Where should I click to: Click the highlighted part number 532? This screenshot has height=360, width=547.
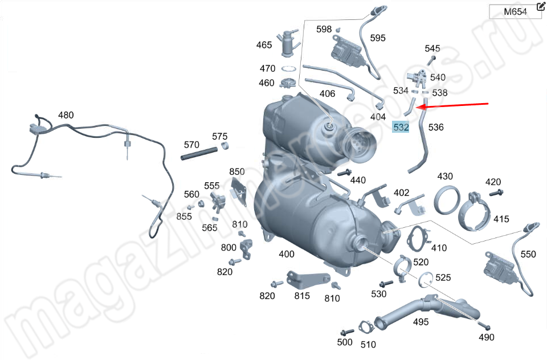[x=401, y=127]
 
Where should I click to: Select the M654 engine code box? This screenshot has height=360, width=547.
[x=515, y=11]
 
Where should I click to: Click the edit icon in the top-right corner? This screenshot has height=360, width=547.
[x=540, y=6]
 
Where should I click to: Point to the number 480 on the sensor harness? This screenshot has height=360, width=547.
[x=66, y=115]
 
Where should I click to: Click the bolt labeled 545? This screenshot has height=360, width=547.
[x=431, y=60]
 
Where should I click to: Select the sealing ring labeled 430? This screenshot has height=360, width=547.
[x=447, y=200]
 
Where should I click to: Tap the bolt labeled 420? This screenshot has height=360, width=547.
[x=496, y=192]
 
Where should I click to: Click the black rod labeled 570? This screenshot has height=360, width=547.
[x=199, y=153]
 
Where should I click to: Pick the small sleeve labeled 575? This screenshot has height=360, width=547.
[x=226, y=145]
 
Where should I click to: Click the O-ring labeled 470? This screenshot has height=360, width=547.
[x=288, y=69]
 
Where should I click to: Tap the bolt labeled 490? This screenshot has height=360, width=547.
[x=484, y=326]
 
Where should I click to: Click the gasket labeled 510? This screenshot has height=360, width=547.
[x=366, y=327]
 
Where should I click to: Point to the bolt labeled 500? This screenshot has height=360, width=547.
[x=347, y=332]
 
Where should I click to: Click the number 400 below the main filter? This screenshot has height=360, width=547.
[x=287, y=254]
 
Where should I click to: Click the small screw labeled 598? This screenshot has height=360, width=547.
[x=338, y=30]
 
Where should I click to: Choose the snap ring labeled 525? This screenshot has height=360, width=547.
[x=425, y=280]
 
